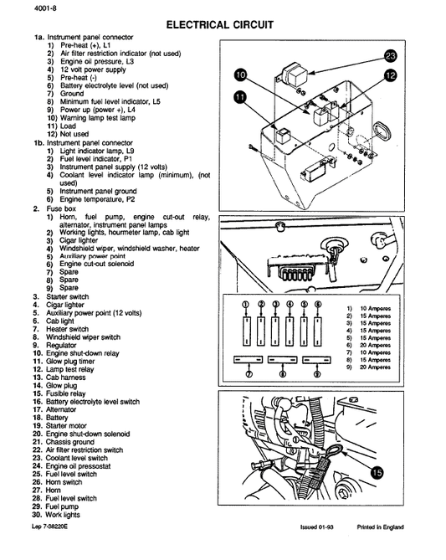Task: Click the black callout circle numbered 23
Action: (x=390, y=56)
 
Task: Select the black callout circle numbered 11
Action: (x=241, y=97)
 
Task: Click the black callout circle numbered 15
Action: (x=376, y=472)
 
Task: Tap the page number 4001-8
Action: (x=23, y=8)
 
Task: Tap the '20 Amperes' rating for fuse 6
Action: (x=374, y=344)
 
